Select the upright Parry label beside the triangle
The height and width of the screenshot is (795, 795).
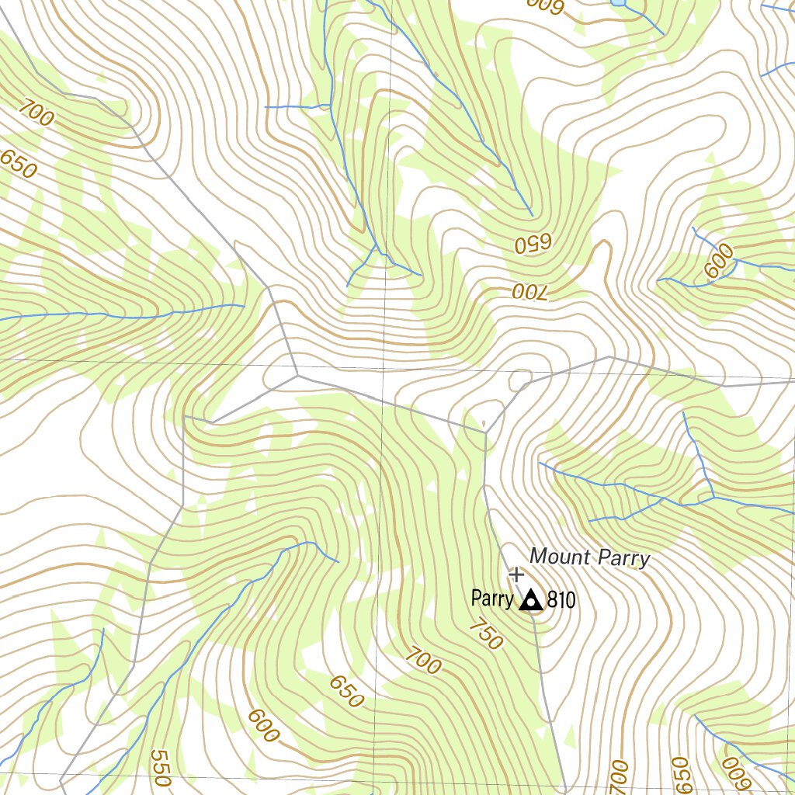pyautogui.click(x=492, y=599)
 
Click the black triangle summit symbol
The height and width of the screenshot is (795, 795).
pyautogui.click(x=531, y=600)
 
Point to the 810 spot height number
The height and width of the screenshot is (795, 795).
pyautogui.click(x=561, y=600)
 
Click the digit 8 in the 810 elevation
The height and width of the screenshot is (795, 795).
pyautogui.click(x=552, y=600)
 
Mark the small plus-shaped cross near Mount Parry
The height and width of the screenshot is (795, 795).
pyautogui.click(x=516, y=575)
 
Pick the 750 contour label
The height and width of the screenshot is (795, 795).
pyautogui.click(x=486, y=635)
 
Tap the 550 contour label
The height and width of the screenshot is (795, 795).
pyautogui.click(x=161, y=768)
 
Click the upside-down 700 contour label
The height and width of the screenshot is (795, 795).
pyautogui.click(x=529, y=291)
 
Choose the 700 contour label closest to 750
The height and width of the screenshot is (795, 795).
pyautogui.click(x=423, y=661)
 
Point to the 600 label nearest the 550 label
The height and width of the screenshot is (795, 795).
pyautogui.click(x=264, y=725)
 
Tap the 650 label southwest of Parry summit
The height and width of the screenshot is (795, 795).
pyautogui.click(x=346, y=691)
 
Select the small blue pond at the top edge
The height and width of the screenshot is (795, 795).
pyautogui.click(x=619, y=3)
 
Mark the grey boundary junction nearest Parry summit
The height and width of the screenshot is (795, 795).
pyautogui.click(x=484, y=429)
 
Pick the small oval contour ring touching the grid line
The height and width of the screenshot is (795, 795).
pyautogui.click(x=519, y=380)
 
